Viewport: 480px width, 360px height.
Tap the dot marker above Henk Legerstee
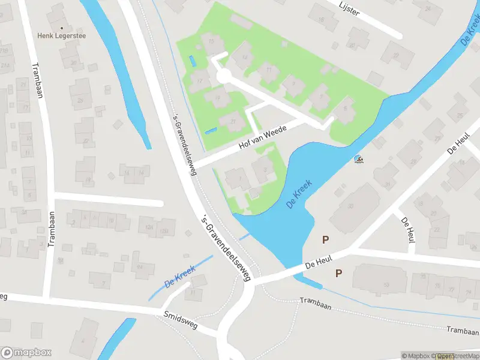pos(62,28)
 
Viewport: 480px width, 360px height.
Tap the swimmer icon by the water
pos(358,159)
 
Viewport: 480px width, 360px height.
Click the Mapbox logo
pos(26,353)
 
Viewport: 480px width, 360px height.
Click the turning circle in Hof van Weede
pos(224,76)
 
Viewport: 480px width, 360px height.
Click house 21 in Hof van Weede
pos(232,122)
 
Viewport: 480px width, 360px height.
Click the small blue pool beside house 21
pos(211,131)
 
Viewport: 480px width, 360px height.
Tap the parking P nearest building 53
pos(338,273)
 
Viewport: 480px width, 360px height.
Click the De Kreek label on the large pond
pos(299,194)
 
